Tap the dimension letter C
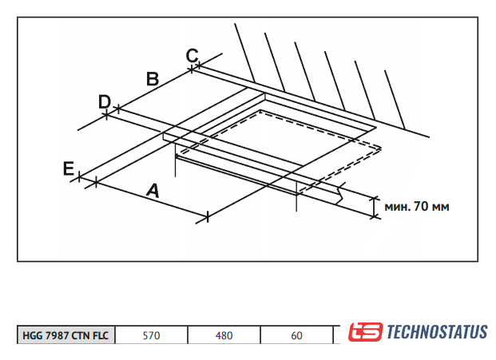point(192,55)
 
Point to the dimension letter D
point(104,101)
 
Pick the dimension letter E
point(69,168)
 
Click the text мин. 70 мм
point(417,206)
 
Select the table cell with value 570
point(151,336)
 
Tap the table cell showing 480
point(224,336)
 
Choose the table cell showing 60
point(296,336)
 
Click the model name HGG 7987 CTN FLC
point(67,336)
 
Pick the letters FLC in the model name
point(101,336)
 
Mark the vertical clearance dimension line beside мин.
point(374,206)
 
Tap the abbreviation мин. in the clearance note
point(397,206)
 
